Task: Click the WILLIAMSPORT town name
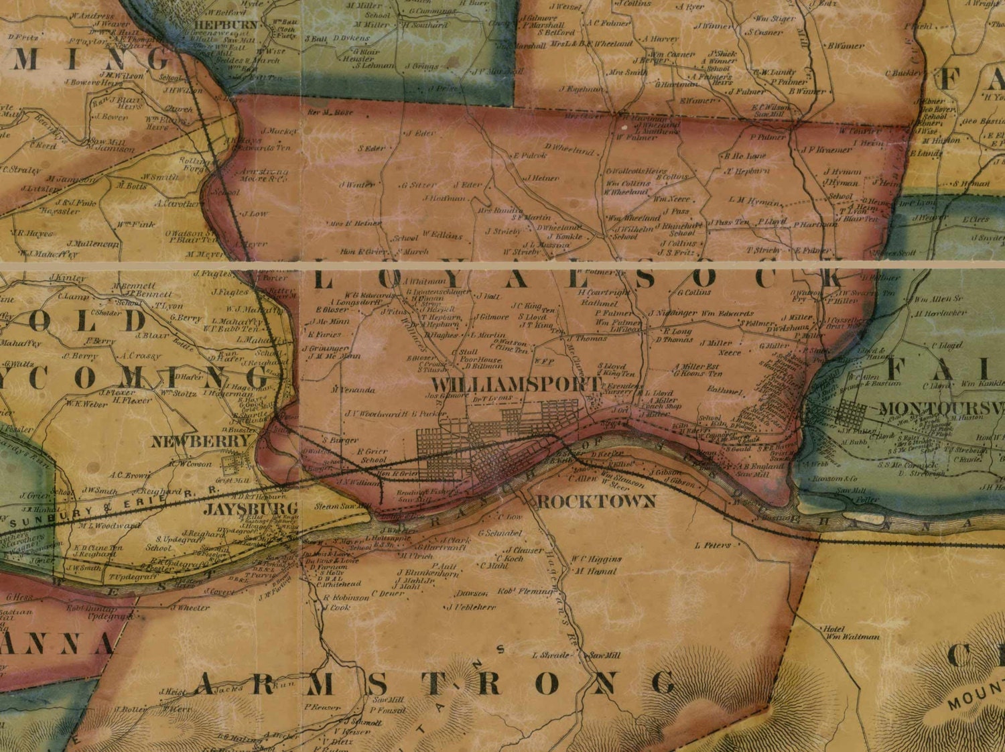point(516,385)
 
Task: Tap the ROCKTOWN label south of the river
point(596,501)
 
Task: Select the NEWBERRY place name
point(200,442)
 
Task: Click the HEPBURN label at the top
point(226,24)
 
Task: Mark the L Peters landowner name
point(713,546)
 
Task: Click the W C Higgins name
point(596,558)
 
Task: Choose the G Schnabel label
point(500,534)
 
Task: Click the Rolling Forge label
point(194,165)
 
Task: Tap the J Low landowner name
point(255,214)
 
